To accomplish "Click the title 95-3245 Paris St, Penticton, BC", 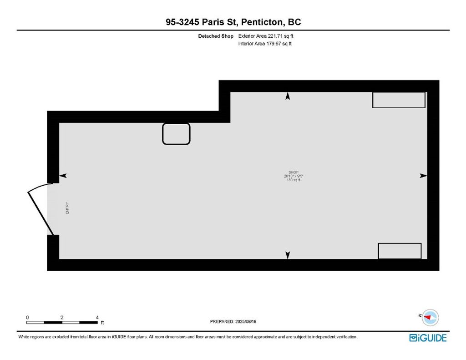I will [x=233, y=22].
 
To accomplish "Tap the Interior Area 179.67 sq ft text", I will [x=265, y=44].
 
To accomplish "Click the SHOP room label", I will [x=288, y=172].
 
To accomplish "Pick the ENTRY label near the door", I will [x=67, y=208].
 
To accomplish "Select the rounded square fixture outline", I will [x=176, y=134].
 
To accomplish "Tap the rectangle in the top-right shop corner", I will [x=399, y=100].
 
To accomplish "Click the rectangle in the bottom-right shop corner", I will [x=400, y=251].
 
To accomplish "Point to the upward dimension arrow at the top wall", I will [x=288, y=96].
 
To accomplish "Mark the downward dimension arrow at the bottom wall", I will [x=288, y=255].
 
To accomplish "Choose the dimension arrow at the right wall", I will [x=423, y=176].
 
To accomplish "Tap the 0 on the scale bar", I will [x=28, y=317].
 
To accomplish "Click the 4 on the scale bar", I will [x=97, y=317].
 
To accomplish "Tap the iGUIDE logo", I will [x=428, y=338].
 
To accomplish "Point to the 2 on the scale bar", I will [x=62, y=317].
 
